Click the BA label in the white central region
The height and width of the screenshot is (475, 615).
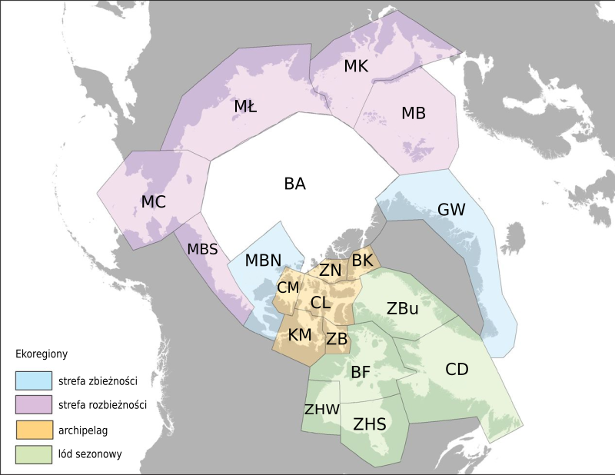[294, 184]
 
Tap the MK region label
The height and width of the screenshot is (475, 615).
[356, 66]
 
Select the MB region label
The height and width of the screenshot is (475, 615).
[413, 114]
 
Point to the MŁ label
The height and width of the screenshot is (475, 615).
[245, 107]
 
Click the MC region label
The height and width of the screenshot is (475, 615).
[153, 201]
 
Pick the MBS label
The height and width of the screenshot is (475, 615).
[202, 249]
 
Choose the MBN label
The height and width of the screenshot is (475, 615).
[263, 260]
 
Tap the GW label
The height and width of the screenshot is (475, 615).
[451, 209]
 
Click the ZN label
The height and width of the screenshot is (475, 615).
[331, 270]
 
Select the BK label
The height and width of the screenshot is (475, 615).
[362, 261]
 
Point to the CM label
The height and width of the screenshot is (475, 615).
[288, 287]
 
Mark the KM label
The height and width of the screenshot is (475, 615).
[300, 335]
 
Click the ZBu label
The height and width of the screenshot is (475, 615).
[402, 310]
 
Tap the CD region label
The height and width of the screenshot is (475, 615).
[457, 370]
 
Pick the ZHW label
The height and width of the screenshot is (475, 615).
[321, 409]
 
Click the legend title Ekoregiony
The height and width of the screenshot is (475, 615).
[42, 354]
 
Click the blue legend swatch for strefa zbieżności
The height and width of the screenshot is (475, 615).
[32, 380]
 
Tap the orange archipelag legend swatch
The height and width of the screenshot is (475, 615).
[32, 429]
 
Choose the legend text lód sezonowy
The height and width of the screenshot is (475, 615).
[89, 453]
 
